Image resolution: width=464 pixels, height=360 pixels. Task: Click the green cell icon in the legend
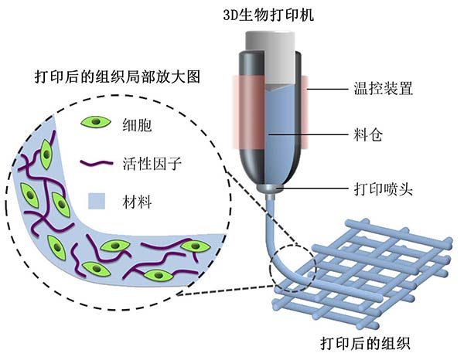(x=96, y=123)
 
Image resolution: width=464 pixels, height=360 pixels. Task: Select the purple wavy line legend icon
(x=96, y=164)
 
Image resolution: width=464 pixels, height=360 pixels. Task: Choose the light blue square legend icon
(x=97, y=202)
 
